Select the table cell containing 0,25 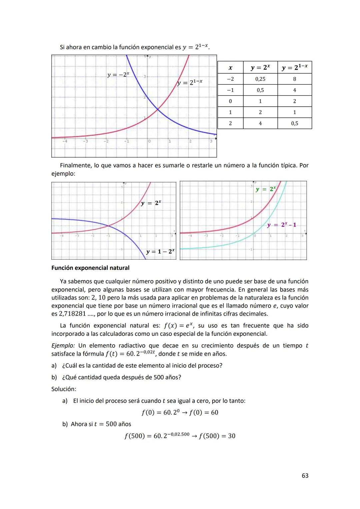260,79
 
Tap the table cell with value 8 294,79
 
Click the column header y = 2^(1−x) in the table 294,68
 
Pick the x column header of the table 230,68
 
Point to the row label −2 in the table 230,79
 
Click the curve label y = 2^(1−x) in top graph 190,82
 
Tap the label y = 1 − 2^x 160,252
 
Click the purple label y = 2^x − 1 281,225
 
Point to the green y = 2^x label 266,189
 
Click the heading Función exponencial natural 90,268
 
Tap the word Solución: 64,389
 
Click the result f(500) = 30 217,436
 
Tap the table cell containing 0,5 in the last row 294,123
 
